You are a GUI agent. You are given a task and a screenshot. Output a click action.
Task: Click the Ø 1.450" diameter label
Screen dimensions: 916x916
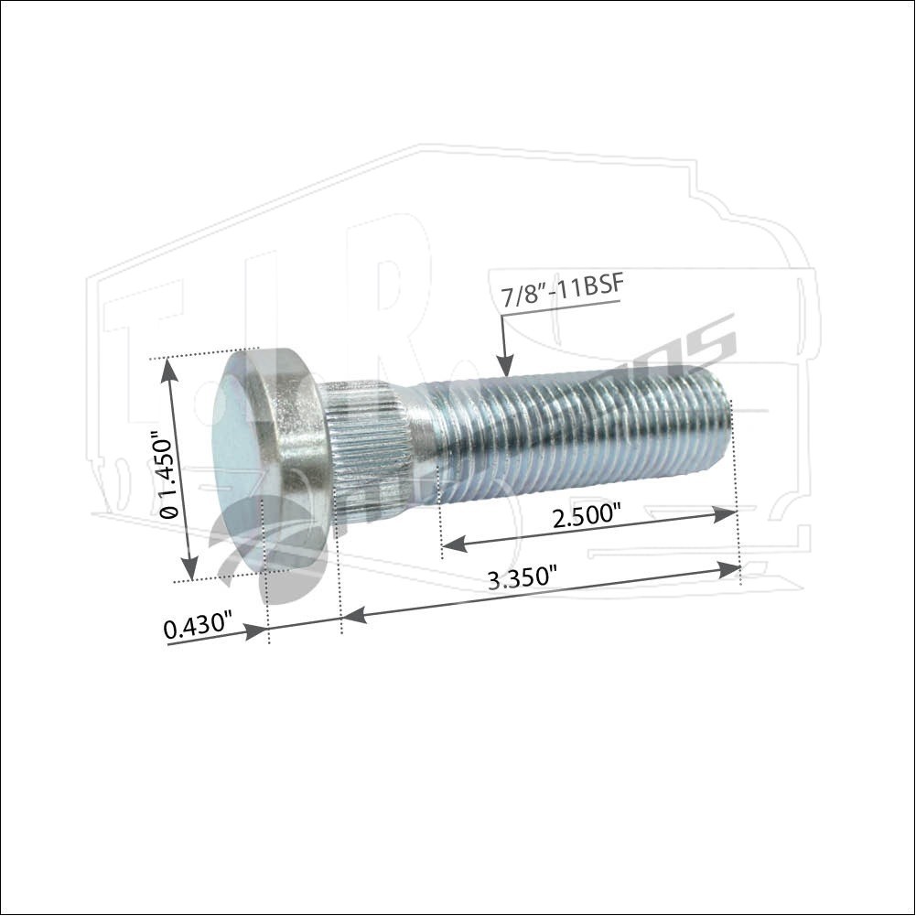click(x=167, y=476)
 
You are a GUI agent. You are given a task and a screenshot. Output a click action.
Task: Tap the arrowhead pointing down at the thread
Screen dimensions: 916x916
click(x=503, y=366)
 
